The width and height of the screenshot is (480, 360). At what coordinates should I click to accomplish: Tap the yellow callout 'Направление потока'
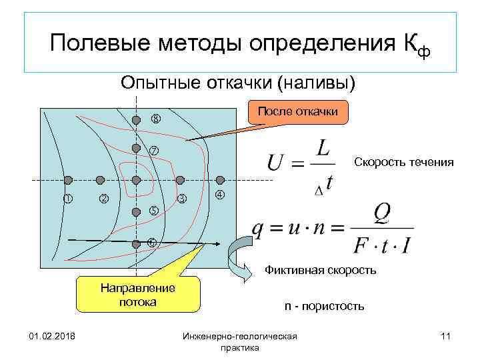137,295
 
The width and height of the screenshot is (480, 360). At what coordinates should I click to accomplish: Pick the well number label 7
153,150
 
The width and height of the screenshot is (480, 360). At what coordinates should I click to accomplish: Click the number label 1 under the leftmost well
67,198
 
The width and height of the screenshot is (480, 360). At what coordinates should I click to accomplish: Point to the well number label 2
103,198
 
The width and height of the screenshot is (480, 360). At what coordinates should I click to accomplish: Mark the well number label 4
219,195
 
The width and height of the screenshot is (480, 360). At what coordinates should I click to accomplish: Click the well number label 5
153,211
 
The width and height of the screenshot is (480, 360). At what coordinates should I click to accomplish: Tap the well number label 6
152,243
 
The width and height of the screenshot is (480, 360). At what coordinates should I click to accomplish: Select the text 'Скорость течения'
404,162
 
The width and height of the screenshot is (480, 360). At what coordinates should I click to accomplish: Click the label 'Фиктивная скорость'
321,270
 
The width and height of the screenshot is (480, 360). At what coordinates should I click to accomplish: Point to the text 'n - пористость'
324,306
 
